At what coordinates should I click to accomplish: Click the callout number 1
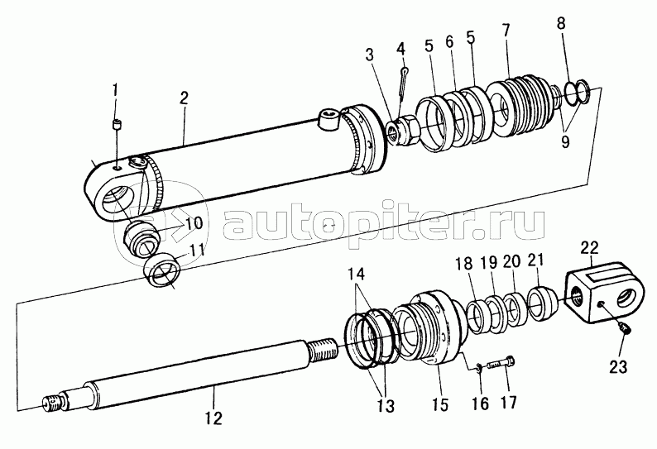coord(114,90)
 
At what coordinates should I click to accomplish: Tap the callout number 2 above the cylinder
coord(184,98)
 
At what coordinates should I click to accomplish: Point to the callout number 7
coord(506,30)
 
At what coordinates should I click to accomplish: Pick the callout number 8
coord(561,23)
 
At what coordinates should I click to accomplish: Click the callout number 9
coord(565,142)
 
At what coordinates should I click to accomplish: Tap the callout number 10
coord(194,222)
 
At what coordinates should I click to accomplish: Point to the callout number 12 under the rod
coord(213,418)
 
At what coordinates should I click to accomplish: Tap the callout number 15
coord(441,404)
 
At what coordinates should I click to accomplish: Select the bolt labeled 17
coord(502,363)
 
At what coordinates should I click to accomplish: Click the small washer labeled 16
coord(479,368)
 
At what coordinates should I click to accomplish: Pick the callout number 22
coord(589,248)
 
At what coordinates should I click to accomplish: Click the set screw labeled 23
coord(625,329)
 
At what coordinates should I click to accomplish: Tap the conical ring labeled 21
coord(542,303)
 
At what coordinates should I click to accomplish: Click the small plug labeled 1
coord(117,124)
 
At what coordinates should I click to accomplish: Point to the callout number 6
coord(449,41)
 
